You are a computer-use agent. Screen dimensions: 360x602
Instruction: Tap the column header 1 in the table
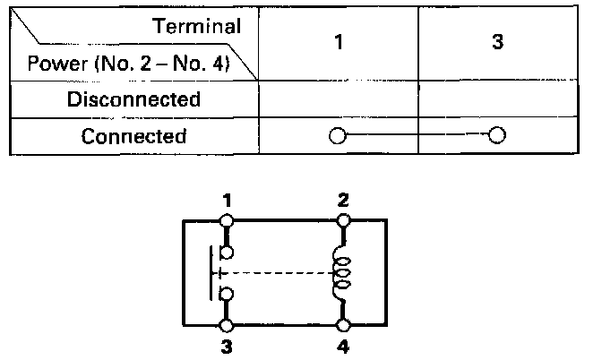(337, 43)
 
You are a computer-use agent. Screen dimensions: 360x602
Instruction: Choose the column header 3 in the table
(496, 43)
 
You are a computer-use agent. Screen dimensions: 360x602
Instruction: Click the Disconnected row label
(133, 99)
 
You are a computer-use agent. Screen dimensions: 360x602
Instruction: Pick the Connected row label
(133, 137)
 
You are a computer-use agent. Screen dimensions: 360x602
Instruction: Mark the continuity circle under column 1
(337, 137)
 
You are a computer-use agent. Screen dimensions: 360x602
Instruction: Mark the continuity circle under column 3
(496, 137)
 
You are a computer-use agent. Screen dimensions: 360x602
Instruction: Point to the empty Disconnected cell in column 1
(337, 99)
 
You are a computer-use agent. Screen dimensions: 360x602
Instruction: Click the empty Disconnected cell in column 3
(496, 99)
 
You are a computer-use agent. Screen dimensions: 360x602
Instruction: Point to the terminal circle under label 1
(228, 219)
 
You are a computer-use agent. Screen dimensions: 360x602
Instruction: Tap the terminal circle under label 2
(343, 219)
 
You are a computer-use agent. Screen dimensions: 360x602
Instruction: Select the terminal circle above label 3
(228, 325)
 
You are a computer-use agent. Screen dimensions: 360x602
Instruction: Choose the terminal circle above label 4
(343, 325)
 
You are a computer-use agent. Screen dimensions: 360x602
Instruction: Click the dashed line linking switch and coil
(278, 272)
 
